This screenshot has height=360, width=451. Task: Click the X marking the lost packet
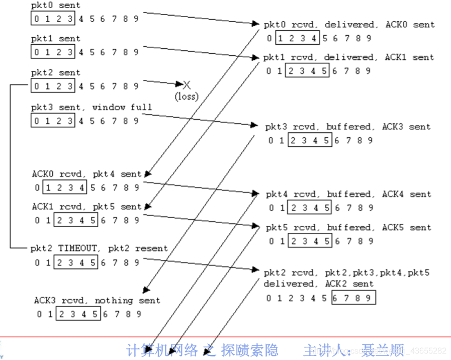(x=187, y=84)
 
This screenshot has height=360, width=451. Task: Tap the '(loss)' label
(x=187, y=96)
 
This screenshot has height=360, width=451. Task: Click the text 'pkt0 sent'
(x=55, y=6)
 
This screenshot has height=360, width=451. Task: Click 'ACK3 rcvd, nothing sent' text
(x=97, y=301)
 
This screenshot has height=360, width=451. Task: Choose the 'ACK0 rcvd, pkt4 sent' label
(x=87, y=174)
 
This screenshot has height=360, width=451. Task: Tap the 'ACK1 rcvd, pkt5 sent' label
(x=87, y=207)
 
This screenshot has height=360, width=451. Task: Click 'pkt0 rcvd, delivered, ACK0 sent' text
(x=349, y=25)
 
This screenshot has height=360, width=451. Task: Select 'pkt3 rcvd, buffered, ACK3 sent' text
(x=348, y=127)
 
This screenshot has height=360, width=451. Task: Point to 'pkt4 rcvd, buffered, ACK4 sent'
(x=348, y=194)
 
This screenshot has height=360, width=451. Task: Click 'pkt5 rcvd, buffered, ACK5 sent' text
(x=348, y=227)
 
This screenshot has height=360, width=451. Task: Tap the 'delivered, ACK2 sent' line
(x=319, y=284)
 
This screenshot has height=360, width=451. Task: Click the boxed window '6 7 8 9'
(x=353, y=298)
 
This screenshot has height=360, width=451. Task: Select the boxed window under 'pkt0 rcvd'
(x=298, y=38)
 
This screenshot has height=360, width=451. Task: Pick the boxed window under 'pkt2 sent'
(x=53, y=86)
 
